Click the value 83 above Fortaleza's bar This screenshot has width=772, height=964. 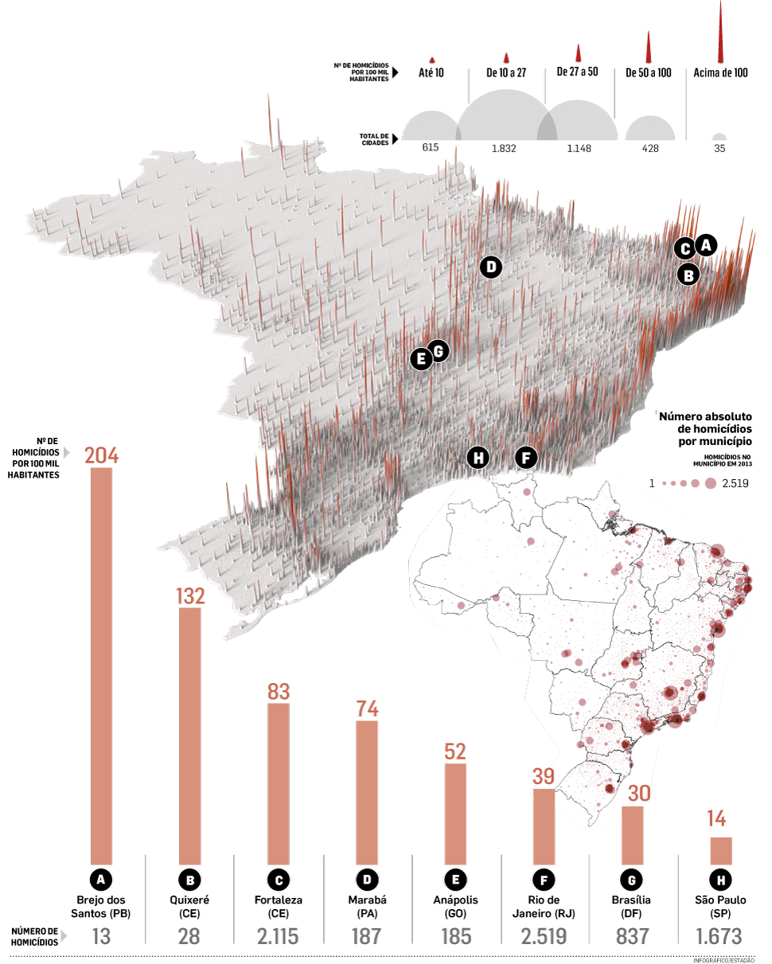(278, 691)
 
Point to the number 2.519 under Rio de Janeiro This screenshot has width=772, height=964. (543, 936)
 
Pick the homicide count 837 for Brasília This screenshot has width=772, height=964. (632, 936)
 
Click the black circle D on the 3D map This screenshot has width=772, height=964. (491, 267)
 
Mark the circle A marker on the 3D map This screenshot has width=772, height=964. (705, 244)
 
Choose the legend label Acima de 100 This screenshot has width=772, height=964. (720, 72)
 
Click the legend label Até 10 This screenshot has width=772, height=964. (431, 72)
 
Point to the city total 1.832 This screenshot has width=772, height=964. (505, 148)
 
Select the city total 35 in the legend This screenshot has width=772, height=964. (719, 148)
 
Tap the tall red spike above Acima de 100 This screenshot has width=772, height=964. (720, 32)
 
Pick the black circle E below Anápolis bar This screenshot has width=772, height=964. (455, 880)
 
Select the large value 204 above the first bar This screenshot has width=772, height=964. (101, 455)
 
